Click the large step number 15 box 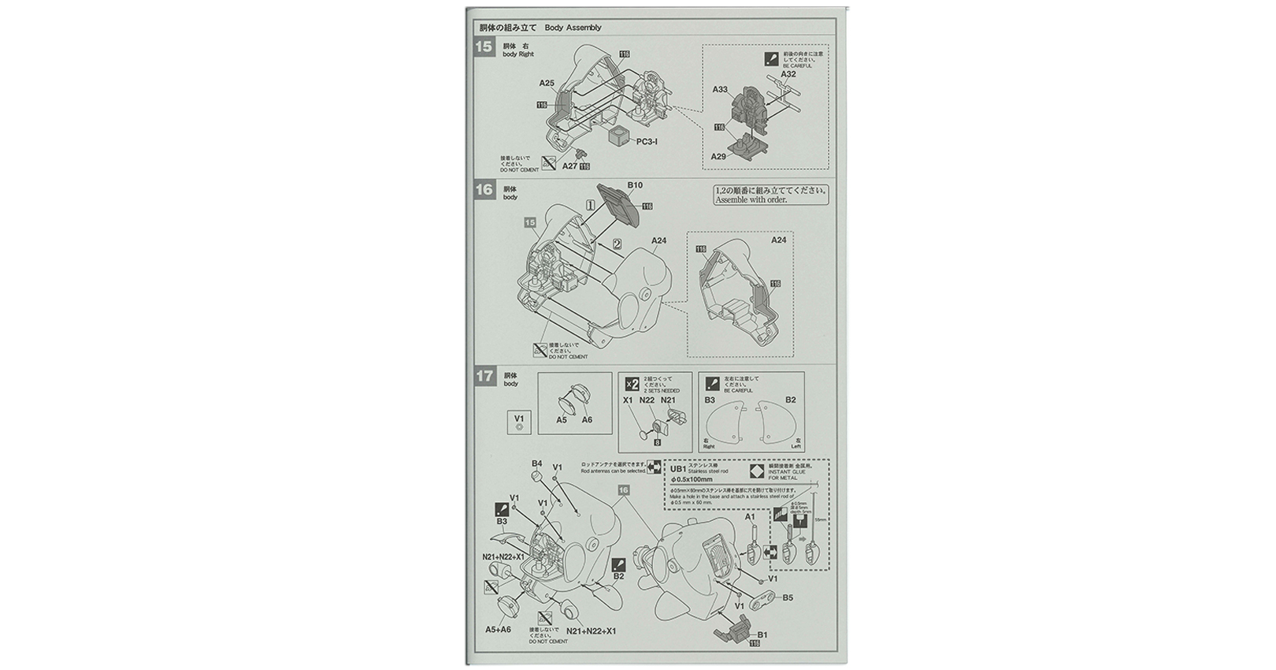click(484, 47)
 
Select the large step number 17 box click(484, 377)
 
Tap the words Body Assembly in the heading click(573, 28)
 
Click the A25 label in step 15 click(547, 83)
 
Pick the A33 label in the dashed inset click(720, 90)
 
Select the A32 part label click(788, 75)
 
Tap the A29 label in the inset click(718, 157)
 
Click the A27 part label click(569, 166)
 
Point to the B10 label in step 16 click(635, 185)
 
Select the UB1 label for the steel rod click(677, 468)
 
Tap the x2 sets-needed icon click(631, 384)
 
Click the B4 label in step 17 click(537, 463)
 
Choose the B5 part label click(788, 597)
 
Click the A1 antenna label click(750, 517)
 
